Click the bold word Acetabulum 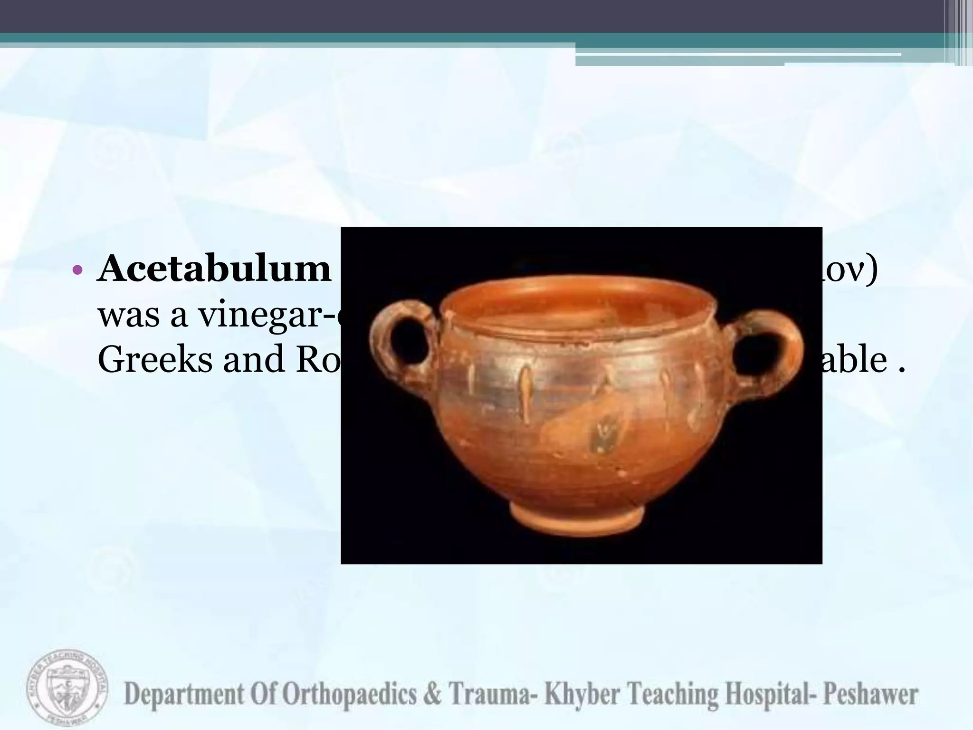[214, 269]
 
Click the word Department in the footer [183, 695]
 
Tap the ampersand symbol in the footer [432, 695]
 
